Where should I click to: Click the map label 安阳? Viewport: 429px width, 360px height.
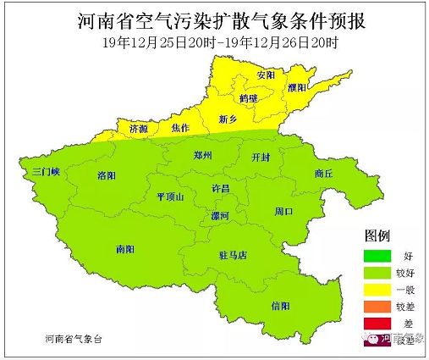267,75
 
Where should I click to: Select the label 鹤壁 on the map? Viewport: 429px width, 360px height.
248,98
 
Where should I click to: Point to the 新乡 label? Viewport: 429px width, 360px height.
228,119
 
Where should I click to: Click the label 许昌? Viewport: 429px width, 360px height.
220,188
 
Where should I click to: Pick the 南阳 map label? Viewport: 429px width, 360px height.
126,249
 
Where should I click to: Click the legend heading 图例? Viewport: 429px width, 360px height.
377,234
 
